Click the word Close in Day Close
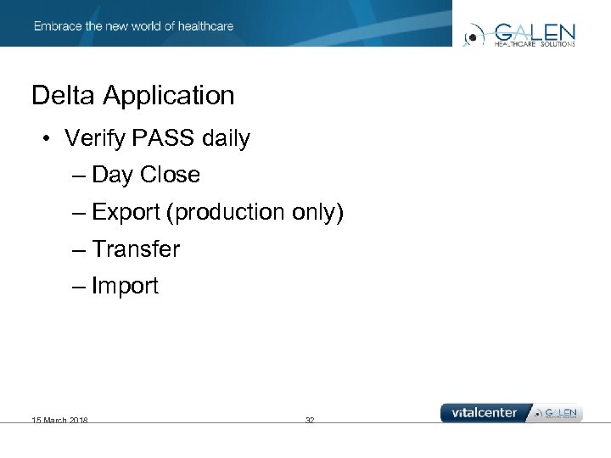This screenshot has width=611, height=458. [170, 175]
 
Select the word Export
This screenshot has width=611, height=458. [126, 213]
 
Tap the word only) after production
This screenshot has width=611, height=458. [317, 213]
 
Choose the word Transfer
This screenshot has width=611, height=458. [136, 249]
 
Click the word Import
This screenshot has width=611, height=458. [125, 287]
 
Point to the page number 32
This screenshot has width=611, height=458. [310, 420]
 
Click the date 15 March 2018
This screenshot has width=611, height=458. [59, 420]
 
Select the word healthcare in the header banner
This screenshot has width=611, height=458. [204, 26]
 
